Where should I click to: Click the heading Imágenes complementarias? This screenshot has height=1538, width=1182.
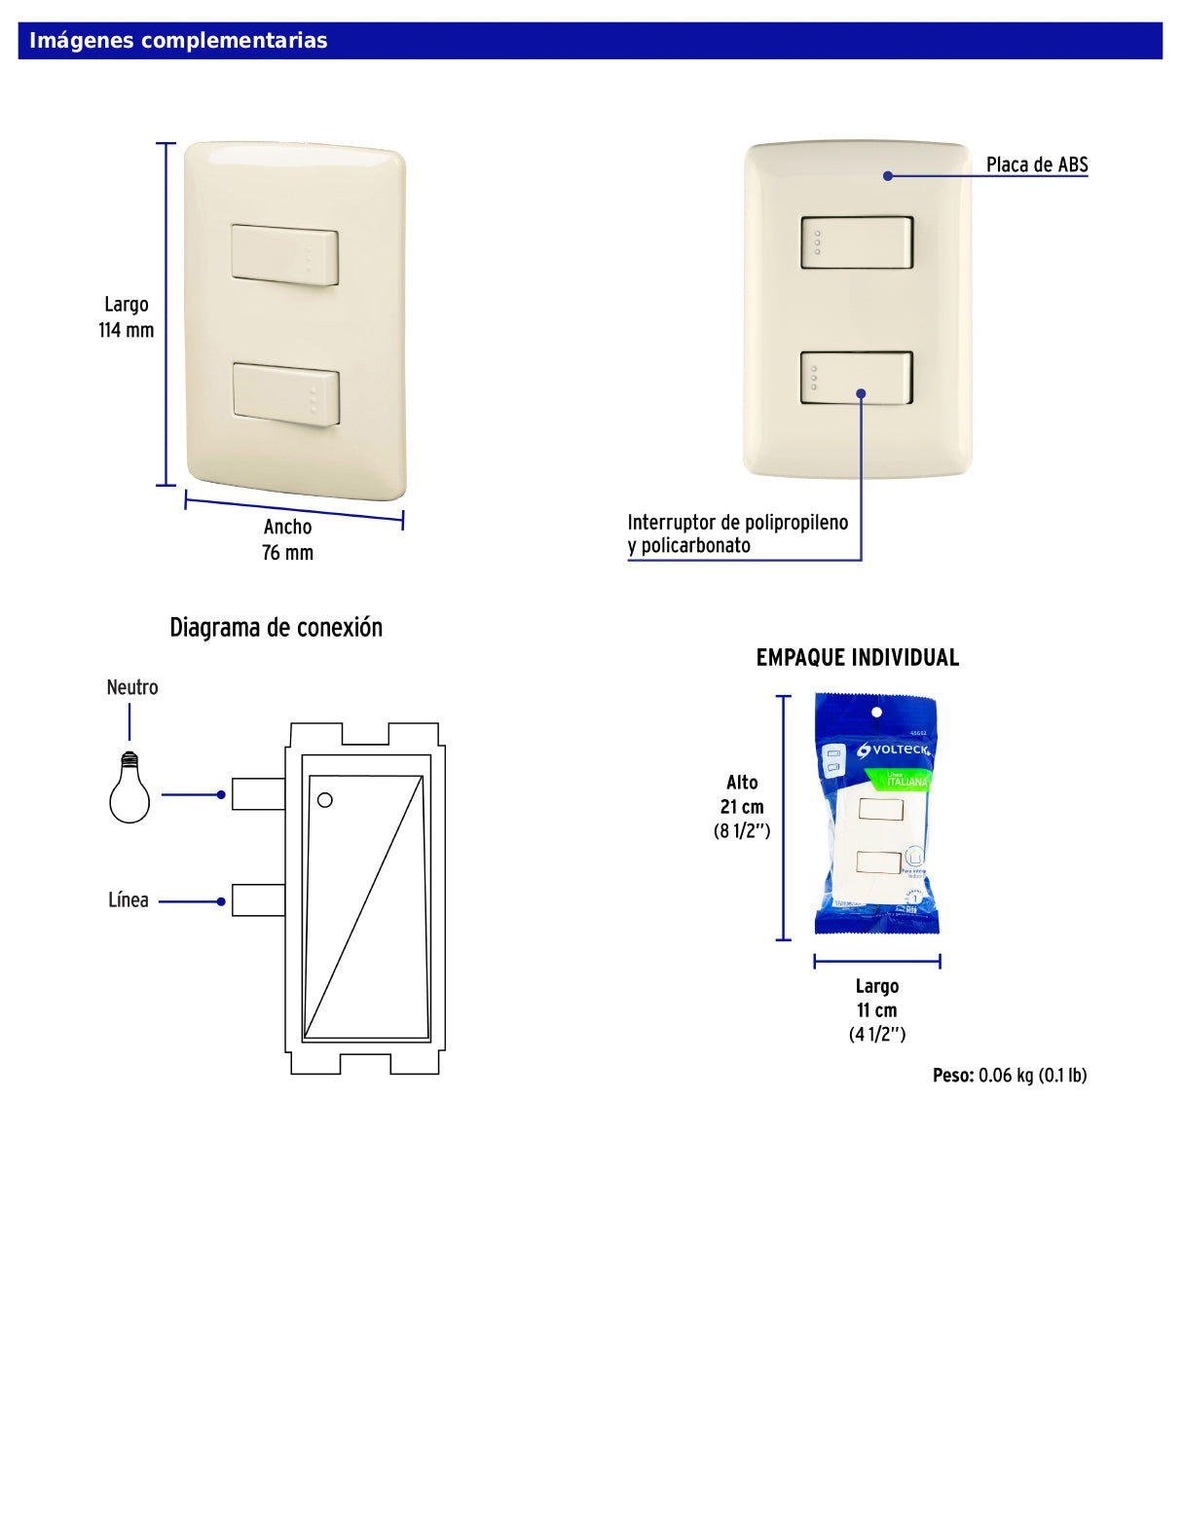[178, 41]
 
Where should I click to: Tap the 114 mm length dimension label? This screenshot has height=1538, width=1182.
[126, 330]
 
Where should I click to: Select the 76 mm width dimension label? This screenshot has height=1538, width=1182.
[287, 553]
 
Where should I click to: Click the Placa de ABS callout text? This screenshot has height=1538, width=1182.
[1036, 165]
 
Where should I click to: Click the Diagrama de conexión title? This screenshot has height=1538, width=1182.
[276, 628]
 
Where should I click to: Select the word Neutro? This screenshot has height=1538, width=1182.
[132, 687]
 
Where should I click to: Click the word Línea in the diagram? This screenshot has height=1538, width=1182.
[129, 900]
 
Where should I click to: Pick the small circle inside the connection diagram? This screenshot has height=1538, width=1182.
[325, 800]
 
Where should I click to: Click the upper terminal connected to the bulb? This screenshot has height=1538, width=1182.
[258, 794]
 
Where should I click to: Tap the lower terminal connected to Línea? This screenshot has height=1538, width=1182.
[258, 900]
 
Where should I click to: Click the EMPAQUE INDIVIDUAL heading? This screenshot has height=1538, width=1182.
[857, 658]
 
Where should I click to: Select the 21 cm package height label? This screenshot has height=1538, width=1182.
[742, 807]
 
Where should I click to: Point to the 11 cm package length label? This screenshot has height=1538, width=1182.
[876, 1010]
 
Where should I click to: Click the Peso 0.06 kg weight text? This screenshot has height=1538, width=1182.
[1009, 1076]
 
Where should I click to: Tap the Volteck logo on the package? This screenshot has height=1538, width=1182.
[894, 751]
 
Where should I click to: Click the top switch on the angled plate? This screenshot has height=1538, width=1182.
[284, 256]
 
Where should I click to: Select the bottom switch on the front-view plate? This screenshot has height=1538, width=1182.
[856, 378]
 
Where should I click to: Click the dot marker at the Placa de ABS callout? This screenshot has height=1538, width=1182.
[888, 176]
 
